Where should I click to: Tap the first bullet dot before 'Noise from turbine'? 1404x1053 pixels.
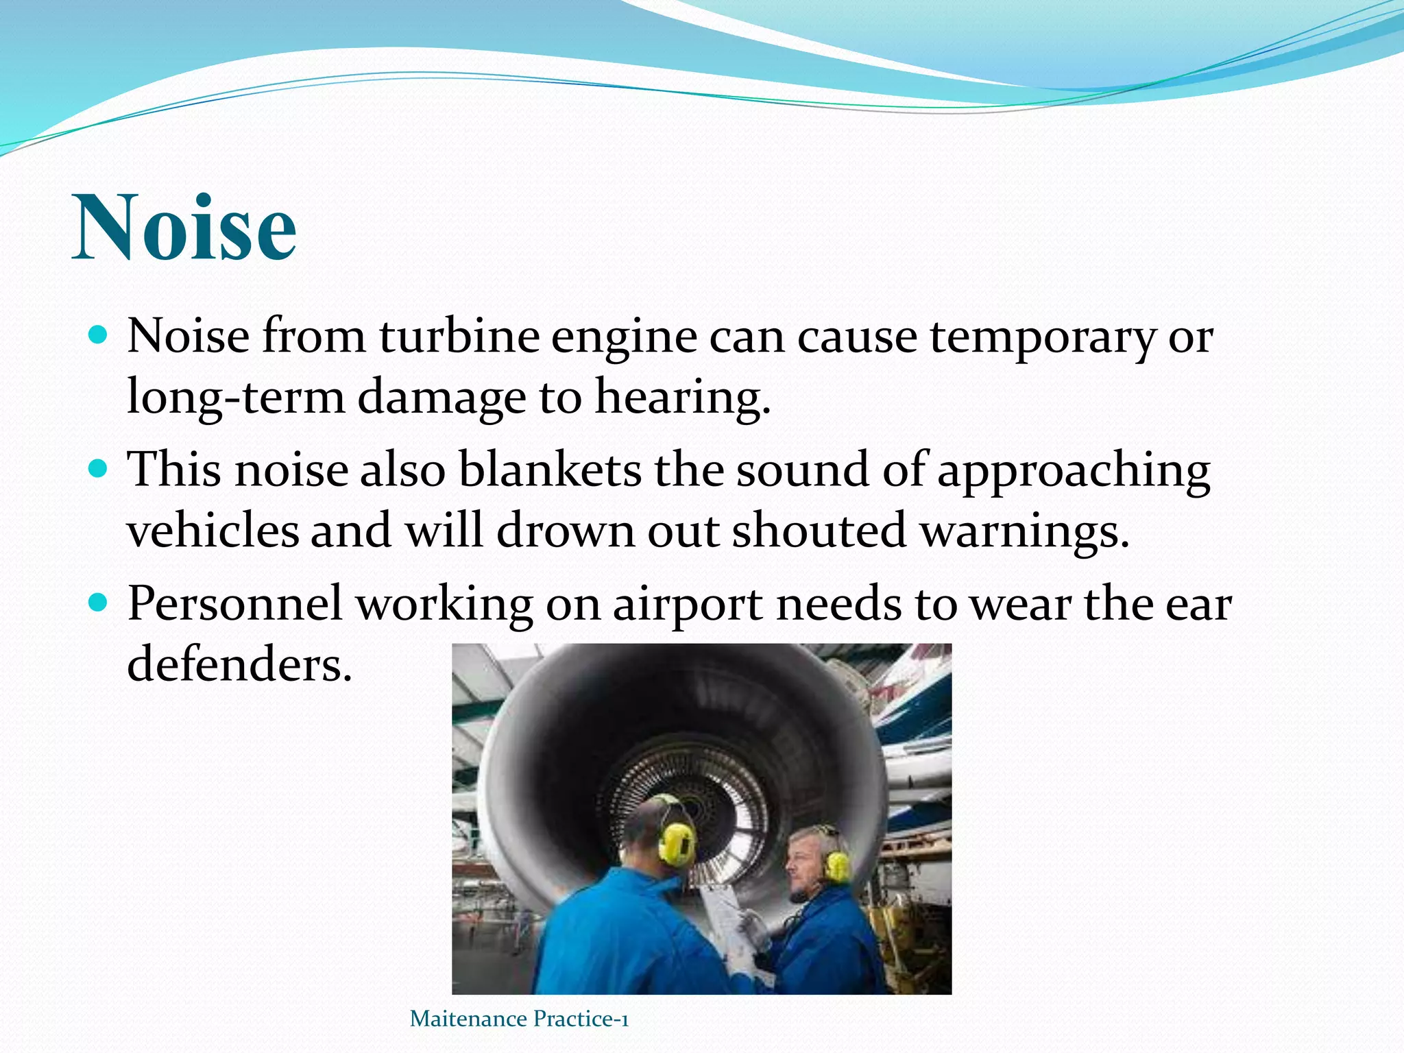[x=99, y=335]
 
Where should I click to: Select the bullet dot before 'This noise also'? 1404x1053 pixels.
[x=99, y=468]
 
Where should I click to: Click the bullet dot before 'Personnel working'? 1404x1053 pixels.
[x=99, y=602]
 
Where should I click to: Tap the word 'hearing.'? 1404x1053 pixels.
[x=682, y=398]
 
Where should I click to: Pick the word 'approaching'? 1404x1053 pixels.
[x=1073, y=472]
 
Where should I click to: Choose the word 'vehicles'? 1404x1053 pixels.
[x=213, y=531]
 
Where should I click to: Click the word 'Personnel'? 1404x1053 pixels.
[x=234, y=603]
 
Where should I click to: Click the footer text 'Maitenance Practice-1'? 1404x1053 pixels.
[x=519, y=1019]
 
